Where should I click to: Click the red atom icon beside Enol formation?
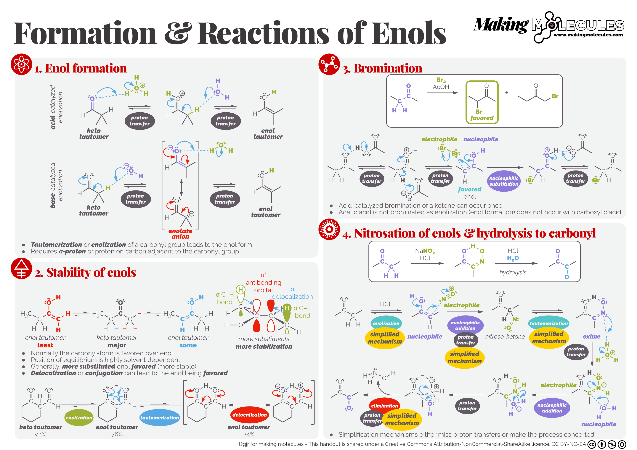[21, 64]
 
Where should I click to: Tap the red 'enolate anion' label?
[180, 234]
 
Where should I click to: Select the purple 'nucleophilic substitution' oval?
[503, 181]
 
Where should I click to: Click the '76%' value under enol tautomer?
[117, 434]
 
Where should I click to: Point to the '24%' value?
[249, 434]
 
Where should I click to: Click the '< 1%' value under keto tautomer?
[41, 434]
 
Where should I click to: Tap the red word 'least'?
[45, 345]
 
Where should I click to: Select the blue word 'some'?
[188, 345]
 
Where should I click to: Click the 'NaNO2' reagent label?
[425, 251]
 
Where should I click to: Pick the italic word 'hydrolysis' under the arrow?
[513, 272]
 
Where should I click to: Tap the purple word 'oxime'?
[591, 336]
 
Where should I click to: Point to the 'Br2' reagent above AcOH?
[441, 80]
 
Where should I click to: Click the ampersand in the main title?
[178, 33]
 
